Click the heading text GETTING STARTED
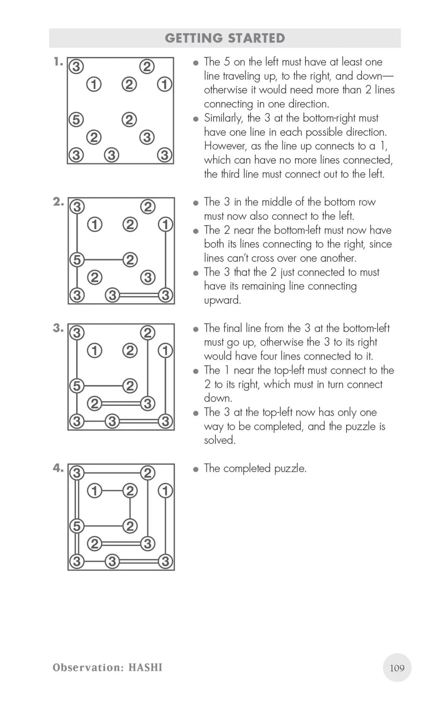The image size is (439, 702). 225,38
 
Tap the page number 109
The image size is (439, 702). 397,668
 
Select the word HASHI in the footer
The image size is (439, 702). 145,667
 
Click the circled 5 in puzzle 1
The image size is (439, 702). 76,119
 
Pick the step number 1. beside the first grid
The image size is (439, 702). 58,62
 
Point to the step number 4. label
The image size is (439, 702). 58,468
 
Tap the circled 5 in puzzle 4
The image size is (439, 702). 77,526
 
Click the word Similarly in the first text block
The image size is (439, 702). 223,118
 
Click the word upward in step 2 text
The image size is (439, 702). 222,300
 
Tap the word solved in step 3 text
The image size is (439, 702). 219,440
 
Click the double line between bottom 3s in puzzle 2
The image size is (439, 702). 139,295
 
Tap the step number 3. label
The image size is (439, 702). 58,328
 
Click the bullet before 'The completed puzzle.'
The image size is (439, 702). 196,469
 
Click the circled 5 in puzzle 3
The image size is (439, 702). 77,386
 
